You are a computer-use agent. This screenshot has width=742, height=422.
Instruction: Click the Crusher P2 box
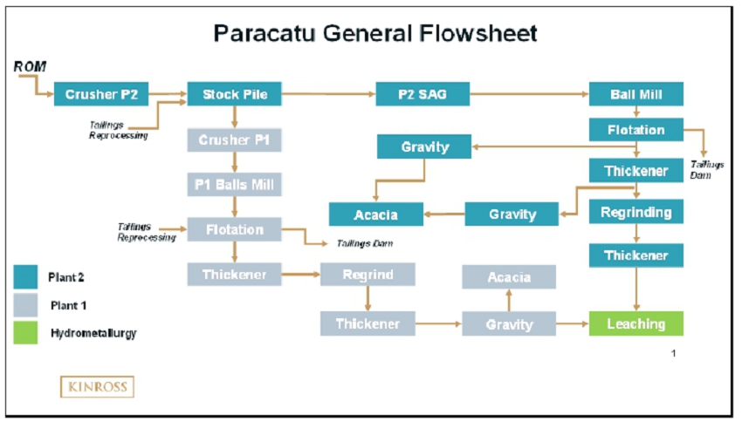pos(101,94)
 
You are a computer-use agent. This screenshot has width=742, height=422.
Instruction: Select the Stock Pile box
pos(234,94)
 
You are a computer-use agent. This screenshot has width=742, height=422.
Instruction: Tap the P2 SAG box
pos(423,94)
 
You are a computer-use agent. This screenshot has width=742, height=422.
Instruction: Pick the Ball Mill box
pos(636,94)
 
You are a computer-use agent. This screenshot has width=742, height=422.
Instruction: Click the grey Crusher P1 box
pos(234,140)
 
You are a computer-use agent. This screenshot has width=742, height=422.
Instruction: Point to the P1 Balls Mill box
pos(234,185)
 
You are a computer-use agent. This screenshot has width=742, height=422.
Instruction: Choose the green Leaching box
pos(636,323)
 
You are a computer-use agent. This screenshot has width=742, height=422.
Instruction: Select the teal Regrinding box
pos(636,212)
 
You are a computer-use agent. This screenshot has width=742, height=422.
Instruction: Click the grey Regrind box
pos(368,275)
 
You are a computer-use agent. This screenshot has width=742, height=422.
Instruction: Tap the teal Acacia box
pos(375,214)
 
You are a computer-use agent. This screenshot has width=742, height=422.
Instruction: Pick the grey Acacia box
pos(509,277)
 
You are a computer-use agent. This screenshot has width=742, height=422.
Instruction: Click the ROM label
pos(30,66)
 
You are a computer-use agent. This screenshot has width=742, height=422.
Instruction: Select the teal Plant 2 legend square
pos(25,277)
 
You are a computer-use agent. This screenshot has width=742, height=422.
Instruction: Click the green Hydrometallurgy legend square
pos(25,333)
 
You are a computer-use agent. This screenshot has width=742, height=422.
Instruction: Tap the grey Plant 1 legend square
pos(25,305)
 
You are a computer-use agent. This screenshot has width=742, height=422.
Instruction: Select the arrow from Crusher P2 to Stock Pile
pos(168,93)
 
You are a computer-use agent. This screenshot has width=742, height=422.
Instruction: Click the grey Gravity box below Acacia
pos(509,323)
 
